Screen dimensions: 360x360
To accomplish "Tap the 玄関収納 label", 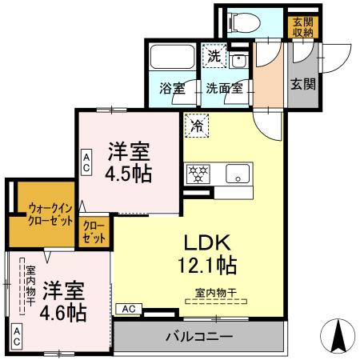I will tap(302, 26).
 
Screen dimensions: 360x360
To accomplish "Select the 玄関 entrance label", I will tap(301, 83).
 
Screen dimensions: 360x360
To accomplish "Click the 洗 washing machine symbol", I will tap(214, 56).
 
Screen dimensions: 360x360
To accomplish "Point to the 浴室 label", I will tap(171, 88).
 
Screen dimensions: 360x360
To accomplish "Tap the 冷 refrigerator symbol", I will tap(196, 124).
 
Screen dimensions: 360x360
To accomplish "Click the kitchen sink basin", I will tap(238, 172).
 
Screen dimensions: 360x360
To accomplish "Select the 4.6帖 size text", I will tap(63, 311).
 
